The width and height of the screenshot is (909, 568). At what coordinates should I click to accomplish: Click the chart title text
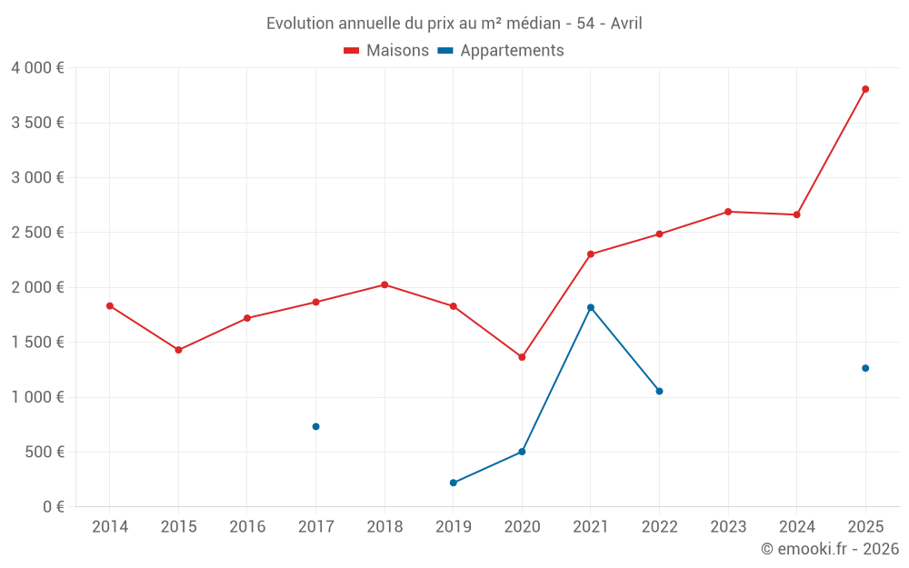click(454, 24)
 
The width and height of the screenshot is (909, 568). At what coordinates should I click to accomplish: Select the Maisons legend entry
click(386, 51)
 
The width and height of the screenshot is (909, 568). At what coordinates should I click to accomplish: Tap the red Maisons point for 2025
click(865, 89)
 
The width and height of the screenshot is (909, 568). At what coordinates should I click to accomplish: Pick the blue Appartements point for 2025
click(865, 368)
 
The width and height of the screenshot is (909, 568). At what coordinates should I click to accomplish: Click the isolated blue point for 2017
click(315, 426)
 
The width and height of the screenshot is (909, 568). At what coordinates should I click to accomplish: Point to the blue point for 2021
click(591, 307)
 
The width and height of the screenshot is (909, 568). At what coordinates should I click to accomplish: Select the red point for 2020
click(522, 357)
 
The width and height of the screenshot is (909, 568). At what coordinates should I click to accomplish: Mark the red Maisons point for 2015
click(178, 350)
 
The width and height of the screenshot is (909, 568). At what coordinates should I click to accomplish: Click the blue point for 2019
click(453, 483)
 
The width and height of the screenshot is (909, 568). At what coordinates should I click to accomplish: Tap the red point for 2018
click(385, 284)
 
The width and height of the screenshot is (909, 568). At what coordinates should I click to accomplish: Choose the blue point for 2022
click(659, 391)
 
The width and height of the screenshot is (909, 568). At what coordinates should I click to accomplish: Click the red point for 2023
click(728, 212)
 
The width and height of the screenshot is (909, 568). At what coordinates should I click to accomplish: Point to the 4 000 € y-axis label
click(37, 68)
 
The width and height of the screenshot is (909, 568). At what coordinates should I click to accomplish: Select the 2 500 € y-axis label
click(37, 233)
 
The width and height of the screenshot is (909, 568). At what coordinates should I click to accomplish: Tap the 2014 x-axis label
click(110, 527)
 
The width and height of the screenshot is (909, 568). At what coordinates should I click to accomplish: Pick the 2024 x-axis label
click(796, 527)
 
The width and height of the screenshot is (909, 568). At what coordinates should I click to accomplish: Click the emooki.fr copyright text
click(829, 549)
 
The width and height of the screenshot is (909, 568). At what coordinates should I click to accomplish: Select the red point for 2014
click(110, 306)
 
